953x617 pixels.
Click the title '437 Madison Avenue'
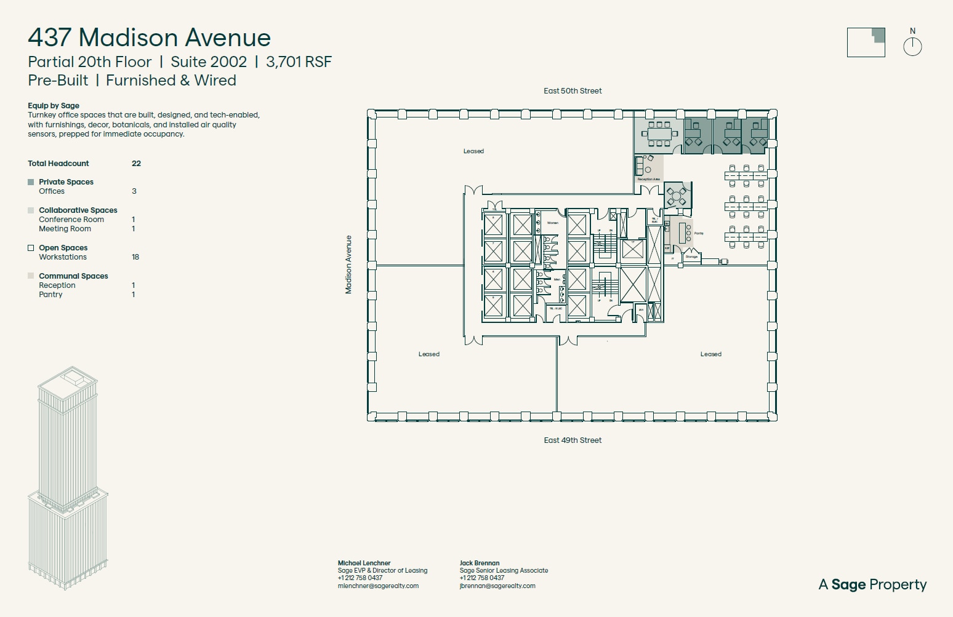pyautogui.click(x=149, y=38)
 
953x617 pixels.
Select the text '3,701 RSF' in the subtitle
pyautogui.click(x=299, y=62)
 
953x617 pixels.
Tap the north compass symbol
pyautogui.click(x=912, y=46)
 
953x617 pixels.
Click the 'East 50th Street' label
pyautogui.click(x=573, y=91)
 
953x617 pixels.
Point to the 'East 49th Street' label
pyautogui.click(x=573, y=440)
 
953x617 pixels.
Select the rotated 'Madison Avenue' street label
pyautogui.click(x=348, y=265)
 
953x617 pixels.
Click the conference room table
pyautogui.click(x=659, y=133)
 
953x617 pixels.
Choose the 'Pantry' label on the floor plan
pyautogui.click(x=699, y=234)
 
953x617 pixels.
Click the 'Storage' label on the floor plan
pyautogui.click(x=691, y=257)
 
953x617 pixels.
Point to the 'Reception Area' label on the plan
pyautogui.click(x=648, y=180)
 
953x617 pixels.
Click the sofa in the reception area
pyautogui.click(x=639, y=166)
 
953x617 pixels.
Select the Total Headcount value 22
pyautogui.click(x=136, y=164)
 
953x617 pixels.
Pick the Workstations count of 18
pyautogui.click(x=135, y=257)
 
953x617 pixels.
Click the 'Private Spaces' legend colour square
pyautogui.click(x=31, y=182)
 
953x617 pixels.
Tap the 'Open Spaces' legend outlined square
pyautogui.click(x=31, y=248)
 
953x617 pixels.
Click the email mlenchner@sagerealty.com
pyautogui.click(x=378, y=586)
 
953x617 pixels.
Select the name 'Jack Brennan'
pyautogui.click(x=479, y=563)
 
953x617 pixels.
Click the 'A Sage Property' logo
pyautogui.click(x=872, y=584)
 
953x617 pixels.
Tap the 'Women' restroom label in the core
pyautogui.click(x=553, y=223)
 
